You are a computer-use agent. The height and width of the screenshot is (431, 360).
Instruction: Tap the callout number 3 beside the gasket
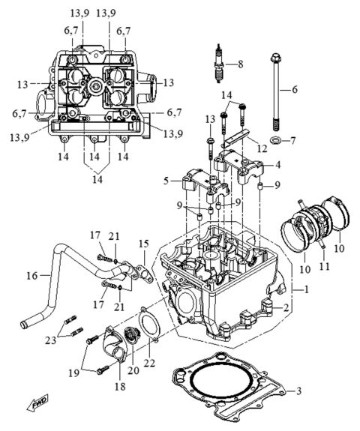(298, 391)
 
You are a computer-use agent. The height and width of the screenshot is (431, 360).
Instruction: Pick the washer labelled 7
(277, 140)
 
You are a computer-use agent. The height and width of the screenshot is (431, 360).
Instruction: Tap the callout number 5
(166, 181)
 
